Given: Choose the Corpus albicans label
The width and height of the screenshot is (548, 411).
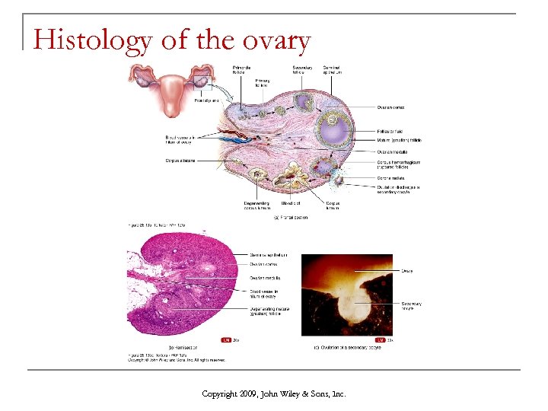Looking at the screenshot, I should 180,161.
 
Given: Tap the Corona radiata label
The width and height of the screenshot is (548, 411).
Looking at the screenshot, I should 393,177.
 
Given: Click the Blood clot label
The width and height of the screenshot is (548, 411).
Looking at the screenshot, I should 291,203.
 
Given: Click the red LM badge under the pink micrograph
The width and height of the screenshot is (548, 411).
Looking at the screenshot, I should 226,339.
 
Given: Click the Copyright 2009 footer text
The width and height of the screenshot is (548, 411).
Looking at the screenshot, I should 273,393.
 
